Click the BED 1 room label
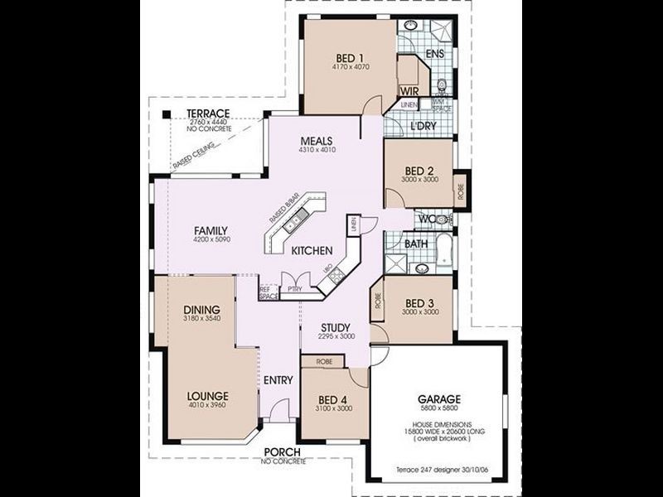coord(351,57)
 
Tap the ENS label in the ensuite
coord(435,55)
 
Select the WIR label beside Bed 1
coord(407,89)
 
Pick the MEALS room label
coord(317,141)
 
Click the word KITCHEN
coord(312,251)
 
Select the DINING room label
coord(201,310)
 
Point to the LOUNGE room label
coord(207,396)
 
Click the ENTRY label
coord(278,380)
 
